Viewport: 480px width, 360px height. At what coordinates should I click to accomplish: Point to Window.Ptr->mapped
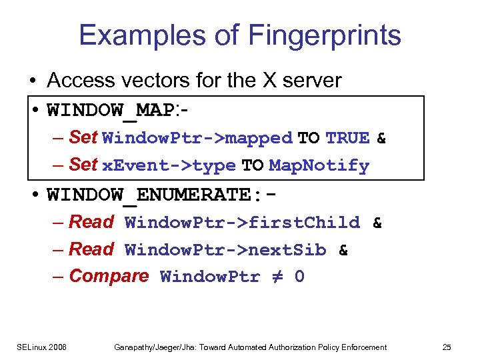pos(197,139)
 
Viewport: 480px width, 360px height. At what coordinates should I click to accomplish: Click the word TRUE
pos(347,139)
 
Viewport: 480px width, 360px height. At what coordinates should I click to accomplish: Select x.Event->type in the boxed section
pos(169,166)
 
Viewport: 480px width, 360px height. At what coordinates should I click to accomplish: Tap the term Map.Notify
pos(319,166)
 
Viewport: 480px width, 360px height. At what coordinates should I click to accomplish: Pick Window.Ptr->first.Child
pos(242,223)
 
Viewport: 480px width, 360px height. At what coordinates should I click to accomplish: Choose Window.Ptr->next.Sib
pos(225,250)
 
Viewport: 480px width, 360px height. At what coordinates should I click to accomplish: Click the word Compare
pos(109,276)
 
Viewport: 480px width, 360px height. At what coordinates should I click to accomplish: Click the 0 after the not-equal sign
pos(299,277)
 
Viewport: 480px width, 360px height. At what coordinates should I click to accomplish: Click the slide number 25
pos(446,347)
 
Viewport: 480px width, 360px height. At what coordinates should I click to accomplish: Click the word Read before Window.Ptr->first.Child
pos(91,222)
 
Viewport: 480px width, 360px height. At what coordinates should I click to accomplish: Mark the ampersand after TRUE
pos(381,139)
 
